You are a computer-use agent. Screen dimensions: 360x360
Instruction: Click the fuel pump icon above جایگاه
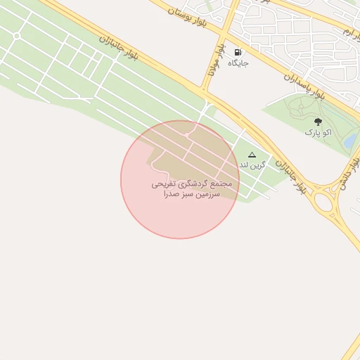(x=237, y=53)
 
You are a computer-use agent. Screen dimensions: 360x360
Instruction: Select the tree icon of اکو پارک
(x=318, y=121)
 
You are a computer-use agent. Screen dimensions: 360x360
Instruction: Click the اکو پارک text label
(x=318, y=131)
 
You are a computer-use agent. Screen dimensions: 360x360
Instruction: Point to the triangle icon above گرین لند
(x=252, y=154)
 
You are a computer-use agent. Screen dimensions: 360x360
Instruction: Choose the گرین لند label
(x=253, y=165)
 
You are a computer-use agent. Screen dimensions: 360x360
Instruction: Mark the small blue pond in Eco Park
(x=349, y=141)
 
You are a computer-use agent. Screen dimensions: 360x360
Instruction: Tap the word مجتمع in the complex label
(x=219, y=183)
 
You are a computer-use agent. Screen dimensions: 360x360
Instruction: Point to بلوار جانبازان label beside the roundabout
(x=290, y=177)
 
